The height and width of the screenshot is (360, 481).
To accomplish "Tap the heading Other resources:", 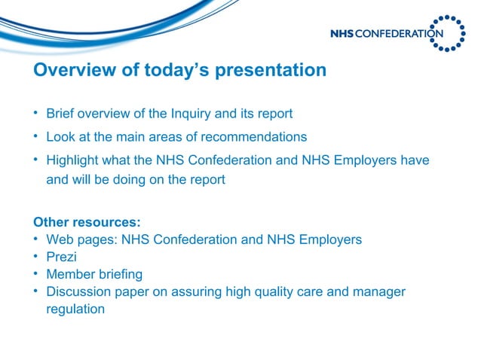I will [x=87, y=223].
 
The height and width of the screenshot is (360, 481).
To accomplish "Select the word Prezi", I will [x=61, y=257].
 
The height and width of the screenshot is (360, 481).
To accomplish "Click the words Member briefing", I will [x=94, y=274].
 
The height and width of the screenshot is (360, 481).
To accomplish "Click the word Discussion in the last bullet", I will [x=78, y=291].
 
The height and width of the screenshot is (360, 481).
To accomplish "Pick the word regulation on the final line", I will [x=75, y=309].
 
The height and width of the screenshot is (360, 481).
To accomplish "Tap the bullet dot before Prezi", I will [x=36, y=257].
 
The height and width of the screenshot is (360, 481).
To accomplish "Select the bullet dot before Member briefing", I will [x=36, y=274].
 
